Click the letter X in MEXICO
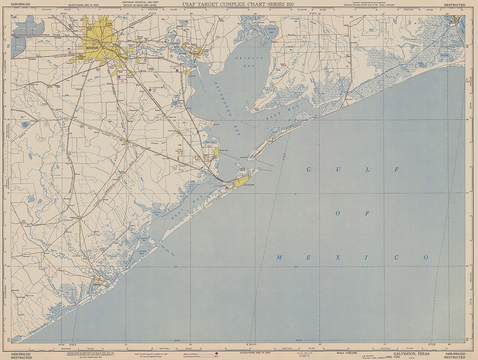(337, 257)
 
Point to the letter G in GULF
(309, 170)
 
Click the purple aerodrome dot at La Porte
(177, 70)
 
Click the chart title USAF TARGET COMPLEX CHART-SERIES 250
(239, 5)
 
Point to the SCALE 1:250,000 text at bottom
(347, 353)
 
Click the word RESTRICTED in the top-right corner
(455, 5)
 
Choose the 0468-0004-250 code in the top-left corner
(21, 5)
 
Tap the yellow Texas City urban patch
(216, 153)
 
